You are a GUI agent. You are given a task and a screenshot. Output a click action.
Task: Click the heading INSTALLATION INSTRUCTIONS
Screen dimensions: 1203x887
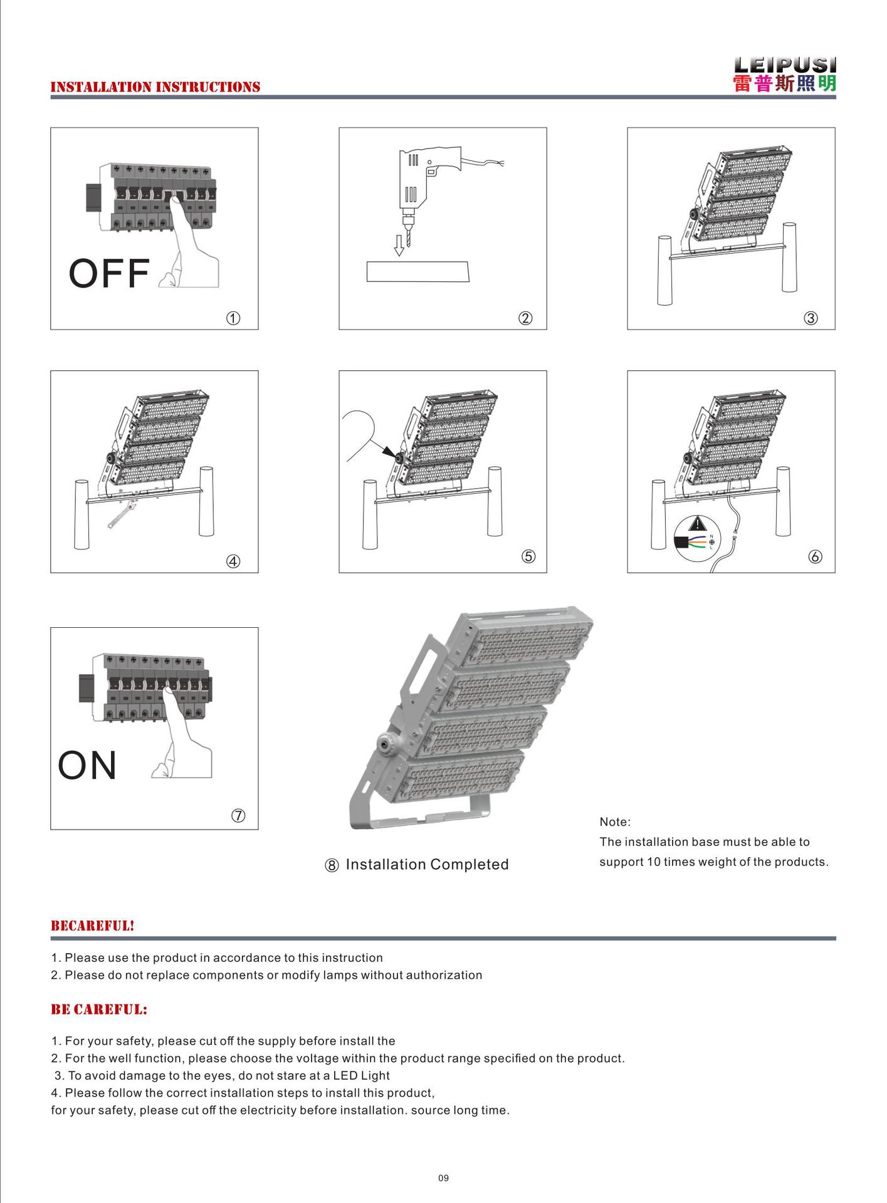[155, 87]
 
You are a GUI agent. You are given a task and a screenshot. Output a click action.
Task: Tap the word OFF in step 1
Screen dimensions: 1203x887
[109, 274]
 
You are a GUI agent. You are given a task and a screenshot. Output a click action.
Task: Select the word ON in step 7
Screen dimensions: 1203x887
[87, 766]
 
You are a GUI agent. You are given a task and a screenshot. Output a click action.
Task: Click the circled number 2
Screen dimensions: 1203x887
[525, 318]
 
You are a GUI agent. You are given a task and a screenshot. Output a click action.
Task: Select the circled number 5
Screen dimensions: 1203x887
[528, 556]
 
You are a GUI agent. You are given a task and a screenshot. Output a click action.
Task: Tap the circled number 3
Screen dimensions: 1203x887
[811, 318]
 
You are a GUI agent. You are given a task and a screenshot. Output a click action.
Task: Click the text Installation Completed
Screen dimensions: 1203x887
[427, 865]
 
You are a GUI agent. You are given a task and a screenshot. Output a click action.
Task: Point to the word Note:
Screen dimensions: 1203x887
[615, 822]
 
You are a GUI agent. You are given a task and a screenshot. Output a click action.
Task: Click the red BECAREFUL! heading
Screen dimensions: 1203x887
[92, 925]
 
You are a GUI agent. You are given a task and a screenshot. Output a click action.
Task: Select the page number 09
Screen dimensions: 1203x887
[443, 1178]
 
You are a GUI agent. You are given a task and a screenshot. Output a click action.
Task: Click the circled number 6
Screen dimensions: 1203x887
[815, 556]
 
